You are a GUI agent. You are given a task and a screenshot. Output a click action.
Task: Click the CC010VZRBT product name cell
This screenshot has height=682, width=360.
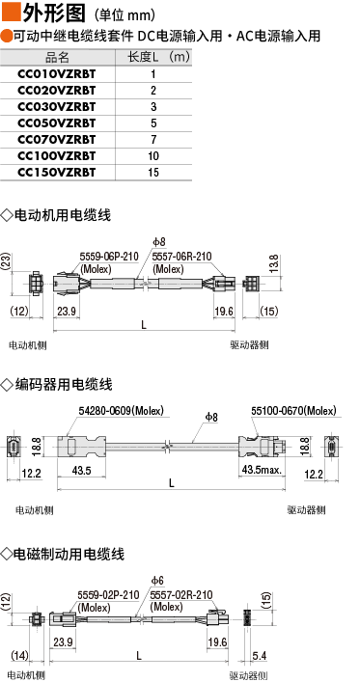(x=57, y=74)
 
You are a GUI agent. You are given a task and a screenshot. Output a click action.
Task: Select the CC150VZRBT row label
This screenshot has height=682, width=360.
(x=57, y=173)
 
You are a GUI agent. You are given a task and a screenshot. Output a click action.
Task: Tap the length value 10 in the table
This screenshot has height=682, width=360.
(x=153, y=156)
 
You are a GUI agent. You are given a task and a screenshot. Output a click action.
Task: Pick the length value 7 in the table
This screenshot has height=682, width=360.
(x=153, y=140)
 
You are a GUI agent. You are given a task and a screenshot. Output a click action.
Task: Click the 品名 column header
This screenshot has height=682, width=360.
(x=57, y=58)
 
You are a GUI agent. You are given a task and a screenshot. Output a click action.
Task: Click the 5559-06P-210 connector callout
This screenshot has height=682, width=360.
(x=109, y=257)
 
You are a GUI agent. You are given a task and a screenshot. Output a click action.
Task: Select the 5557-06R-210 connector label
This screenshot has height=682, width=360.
(x=182, y=257)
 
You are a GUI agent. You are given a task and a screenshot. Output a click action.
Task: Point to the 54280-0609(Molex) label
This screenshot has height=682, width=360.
(x=121, y=411)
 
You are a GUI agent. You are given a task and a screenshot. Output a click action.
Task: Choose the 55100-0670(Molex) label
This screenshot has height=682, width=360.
(x=293, y=411)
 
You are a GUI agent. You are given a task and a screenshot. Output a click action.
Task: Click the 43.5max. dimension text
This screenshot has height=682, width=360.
(x=263, y=470)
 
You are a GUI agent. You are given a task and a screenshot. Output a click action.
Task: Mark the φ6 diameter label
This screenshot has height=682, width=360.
(x=157, y=581)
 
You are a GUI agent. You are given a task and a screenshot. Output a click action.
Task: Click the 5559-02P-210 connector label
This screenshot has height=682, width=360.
(x=108, y=596)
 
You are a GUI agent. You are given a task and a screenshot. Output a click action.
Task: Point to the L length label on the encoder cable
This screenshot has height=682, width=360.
(x=172, y=483)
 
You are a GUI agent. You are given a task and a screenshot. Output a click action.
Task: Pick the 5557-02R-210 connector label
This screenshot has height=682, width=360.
(x=181, y=596)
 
